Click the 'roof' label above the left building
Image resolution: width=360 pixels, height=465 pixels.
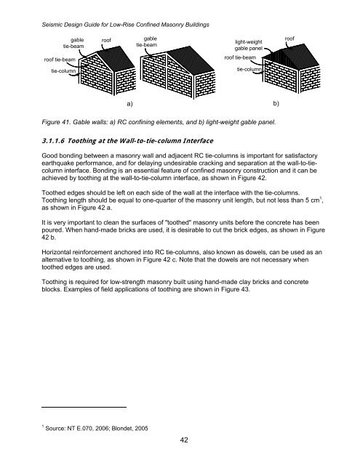(x=106, y=41)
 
